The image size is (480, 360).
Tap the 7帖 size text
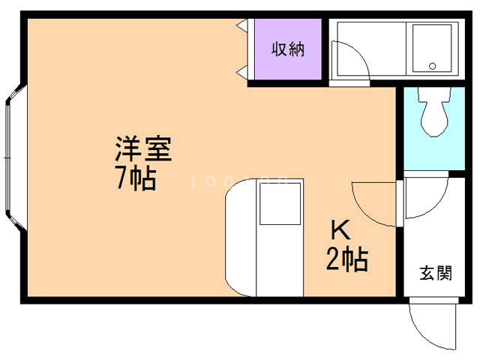(x=136, y=179)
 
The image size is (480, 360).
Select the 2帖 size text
(x=346, y=259)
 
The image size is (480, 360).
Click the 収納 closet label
(x=288, y=51)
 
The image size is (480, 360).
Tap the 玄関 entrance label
(x=435, y=272)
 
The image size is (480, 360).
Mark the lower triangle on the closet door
(x=242, y=72)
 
